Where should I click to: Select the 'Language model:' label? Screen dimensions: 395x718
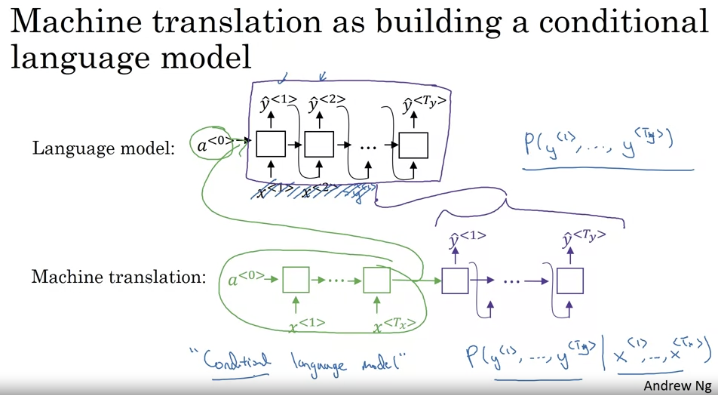pyautogui.click(x=103, y=148)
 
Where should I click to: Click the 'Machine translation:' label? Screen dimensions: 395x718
pyautogui.click(x=119, y=277)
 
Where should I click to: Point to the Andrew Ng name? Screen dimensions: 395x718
pyautogui.click(x=677, y=386)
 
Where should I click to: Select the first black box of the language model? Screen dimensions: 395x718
pyautogui.click(x=271, y=144)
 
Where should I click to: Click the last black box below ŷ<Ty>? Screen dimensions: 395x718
pyautogui.click(x=413, y=145)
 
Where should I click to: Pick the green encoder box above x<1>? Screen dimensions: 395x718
pyautogui.click(x=296, y=280)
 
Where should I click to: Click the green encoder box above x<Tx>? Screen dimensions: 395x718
pyautogui.click(x=377, y=280)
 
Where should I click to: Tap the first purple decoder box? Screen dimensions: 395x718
pyautogui.click(x=455, y=281)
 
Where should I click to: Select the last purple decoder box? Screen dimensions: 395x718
pyautogui.click(x=570, y=281)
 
